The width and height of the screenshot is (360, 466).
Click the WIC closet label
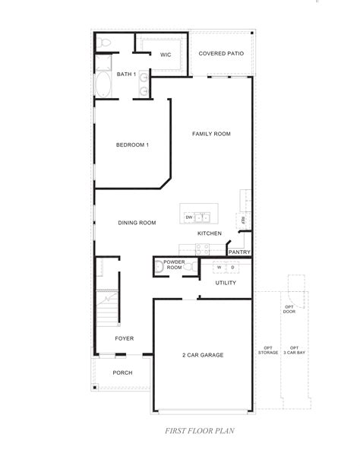[165, 54]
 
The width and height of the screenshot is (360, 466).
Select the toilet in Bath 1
[104, 43]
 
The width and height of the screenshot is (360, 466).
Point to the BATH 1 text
[126, 74]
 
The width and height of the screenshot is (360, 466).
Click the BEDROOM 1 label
[132, 145]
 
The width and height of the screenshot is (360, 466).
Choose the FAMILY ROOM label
[211, 134]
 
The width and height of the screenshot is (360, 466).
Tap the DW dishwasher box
[189, 217]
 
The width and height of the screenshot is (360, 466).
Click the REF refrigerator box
[243, 220]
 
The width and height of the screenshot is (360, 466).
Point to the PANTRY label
[238, 252]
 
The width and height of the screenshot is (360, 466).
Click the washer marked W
[219, 268]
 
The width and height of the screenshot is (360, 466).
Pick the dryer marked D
[232, 268]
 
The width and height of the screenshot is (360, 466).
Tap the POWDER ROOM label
[175, 265]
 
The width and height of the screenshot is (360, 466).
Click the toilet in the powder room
[158, 266]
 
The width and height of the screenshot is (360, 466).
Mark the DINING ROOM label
[137, 223]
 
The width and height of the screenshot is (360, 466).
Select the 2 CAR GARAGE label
[202, 355]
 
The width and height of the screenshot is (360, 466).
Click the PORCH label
[122, 372]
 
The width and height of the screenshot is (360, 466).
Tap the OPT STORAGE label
[267, 350]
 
